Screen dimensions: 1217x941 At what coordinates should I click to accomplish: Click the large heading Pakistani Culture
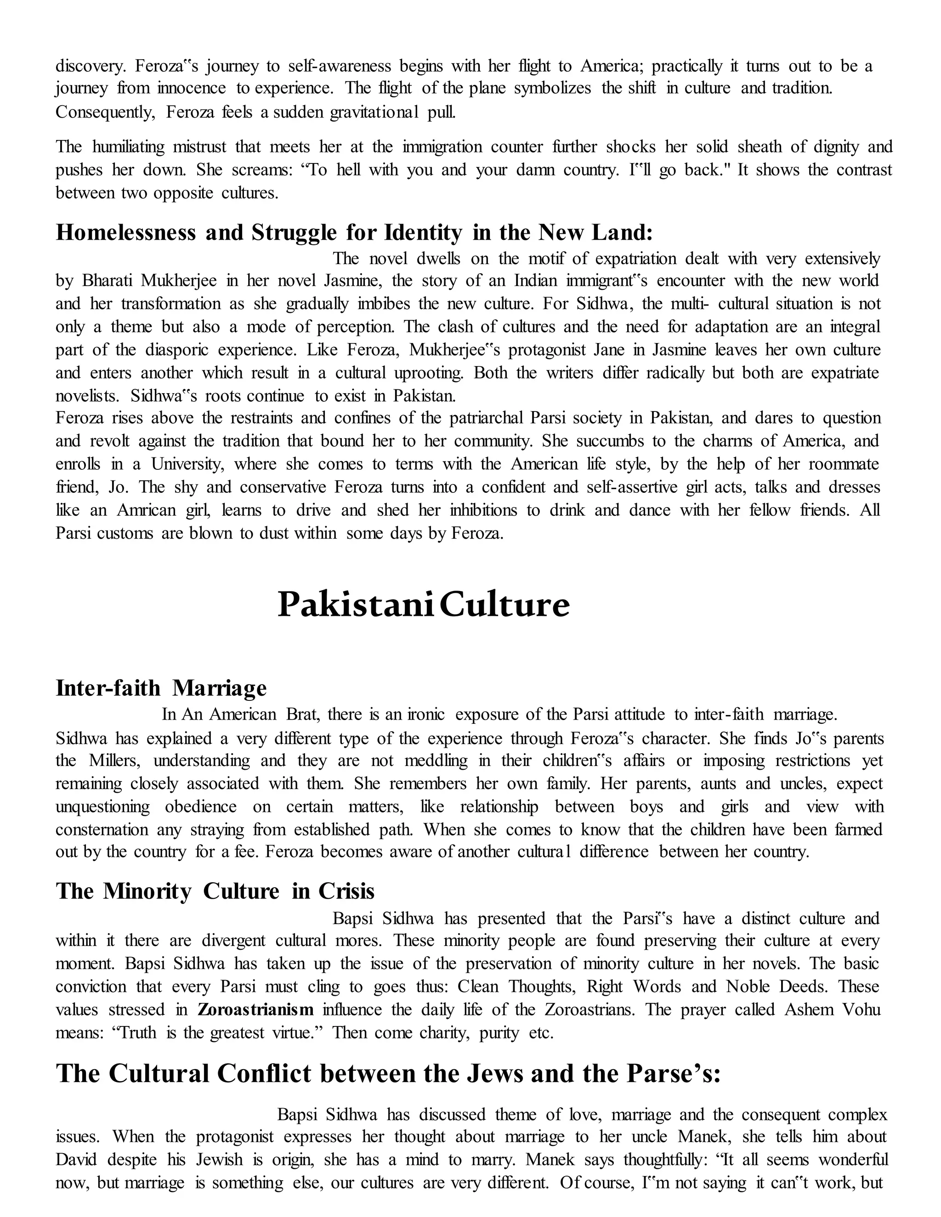[423, 605]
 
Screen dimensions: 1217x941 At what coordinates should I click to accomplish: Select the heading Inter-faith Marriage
[161, 688]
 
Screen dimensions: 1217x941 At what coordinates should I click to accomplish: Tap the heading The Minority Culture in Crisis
[215, 891]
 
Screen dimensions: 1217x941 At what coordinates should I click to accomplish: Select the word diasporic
[177, 350]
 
